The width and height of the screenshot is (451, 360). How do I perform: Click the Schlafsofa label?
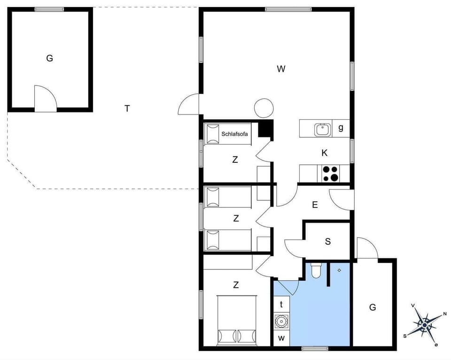pyautogui.click(x=234, y=134)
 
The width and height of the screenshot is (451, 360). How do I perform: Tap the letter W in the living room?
pyautogui.click(x=281, y=69)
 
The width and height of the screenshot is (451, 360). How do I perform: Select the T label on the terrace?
pyautogui.click(x=127, y=108)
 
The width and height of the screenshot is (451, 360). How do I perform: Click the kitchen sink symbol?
pyautogui.click(x=322, y=128)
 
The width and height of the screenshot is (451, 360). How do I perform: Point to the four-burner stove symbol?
pyautogui.click(x=331, y=173)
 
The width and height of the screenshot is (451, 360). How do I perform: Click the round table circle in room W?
pyautogui.click(x=264, y=108)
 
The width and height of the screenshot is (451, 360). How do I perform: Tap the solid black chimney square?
pyautogui.click(x=266, y=128)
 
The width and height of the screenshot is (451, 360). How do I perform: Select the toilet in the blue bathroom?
pyautogui.click(x=316, y=271)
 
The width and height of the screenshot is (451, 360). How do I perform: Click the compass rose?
pyautogui.click(x=425, y=324)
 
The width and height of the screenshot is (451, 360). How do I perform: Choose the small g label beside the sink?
pyautogui.click(x=341, y=128)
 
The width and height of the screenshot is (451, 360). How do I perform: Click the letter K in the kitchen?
pyautogui.click(x=324, y=153)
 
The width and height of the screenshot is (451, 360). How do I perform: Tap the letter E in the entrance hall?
pyautogui.click(x=315, y=205)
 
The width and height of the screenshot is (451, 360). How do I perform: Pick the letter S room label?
pyautogui.click(x=328, y=242)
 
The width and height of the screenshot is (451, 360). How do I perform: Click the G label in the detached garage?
pyautogui.click(x=49, y=58)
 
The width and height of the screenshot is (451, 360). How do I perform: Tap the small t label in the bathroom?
pyautogui.click(x=281, y=305)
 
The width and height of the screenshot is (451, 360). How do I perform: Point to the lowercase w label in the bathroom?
pyautogui.click(x=282, y=338)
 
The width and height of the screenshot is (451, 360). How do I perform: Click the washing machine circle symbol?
pyautogui.click(x=281, y=322)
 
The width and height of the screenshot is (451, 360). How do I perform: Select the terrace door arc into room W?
pyautogui.click(x=189, y=105)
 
